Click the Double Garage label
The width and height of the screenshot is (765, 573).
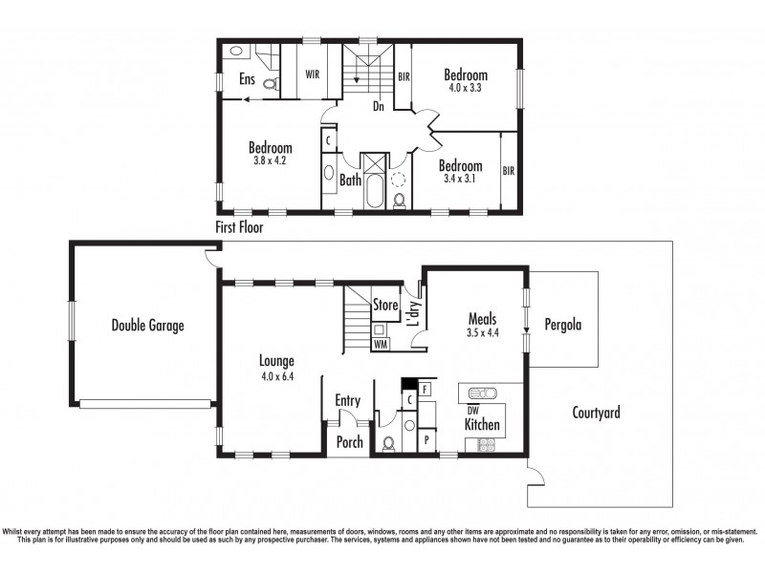[147, 326]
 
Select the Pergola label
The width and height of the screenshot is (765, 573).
[563, 325]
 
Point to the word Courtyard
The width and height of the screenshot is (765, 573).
[596, 414]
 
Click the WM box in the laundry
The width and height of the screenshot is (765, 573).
[381, 343]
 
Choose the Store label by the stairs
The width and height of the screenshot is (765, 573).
[385, 306]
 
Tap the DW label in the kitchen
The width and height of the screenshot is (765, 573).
[471, 410]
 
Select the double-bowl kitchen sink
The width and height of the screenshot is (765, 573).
[479, 393]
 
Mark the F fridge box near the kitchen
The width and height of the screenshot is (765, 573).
[426, 390]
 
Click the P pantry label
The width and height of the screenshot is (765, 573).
[426, 441]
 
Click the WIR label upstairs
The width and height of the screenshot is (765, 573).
[313, 74]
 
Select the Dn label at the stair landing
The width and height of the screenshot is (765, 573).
[379, 107]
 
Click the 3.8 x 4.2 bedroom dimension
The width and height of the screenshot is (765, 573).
[271, 160]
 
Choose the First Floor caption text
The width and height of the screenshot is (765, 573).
[239, 228]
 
